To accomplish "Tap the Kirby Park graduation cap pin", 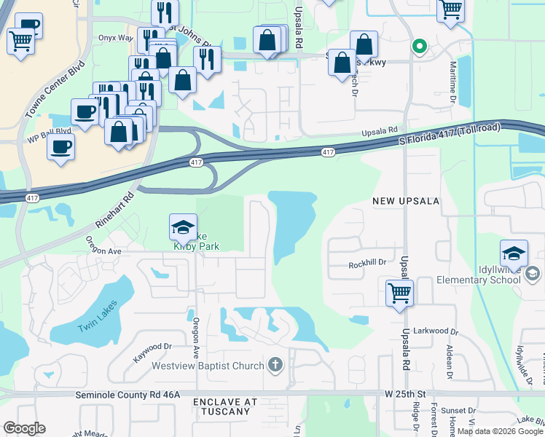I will point(183,227).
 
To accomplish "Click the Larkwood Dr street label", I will point(434,331).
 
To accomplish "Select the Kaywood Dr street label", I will point(152,353).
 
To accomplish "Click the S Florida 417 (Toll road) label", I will point(450,136).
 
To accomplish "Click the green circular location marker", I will point(419,47).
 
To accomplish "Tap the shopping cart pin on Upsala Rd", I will point(399,294).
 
